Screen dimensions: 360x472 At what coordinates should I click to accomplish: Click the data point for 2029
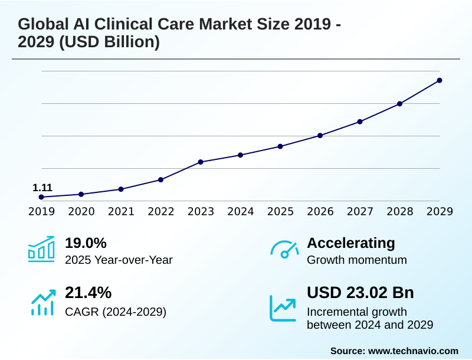[x=440, y=80]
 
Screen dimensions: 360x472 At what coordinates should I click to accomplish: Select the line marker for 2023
[x=201, y=162]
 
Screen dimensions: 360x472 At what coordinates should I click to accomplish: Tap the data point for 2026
[x=320, y=136]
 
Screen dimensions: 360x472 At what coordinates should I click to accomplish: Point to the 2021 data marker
[x=121, y=189]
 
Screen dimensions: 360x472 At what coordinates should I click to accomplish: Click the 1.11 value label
[x=42, y=188]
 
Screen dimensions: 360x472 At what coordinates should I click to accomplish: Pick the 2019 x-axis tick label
[x=41, y=211]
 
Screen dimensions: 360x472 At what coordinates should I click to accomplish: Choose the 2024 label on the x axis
[x=241, y=211]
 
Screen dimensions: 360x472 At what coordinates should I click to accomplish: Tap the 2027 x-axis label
[x=360, y=211]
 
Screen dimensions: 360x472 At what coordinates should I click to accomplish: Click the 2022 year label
[x=161, y=211]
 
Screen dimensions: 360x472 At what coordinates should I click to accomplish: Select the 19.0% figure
[x=86, y=243]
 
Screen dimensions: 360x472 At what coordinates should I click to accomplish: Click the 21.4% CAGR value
[x=88, y=293]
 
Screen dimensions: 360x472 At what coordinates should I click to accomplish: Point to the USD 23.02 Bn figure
[x=360, y=293]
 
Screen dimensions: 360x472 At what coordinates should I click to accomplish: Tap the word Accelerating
[x=351, y=243]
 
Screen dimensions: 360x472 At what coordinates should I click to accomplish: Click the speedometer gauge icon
[x=284, y=250]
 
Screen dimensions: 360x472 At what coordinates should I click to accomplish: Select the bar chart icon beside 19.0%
[x=41, y=249]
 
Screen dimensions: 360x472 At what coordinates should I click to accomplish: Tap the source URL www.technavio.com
[x=413, y=351]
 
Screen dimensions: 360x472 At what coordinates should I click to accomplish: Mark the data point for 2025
[x=280, y=146]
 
